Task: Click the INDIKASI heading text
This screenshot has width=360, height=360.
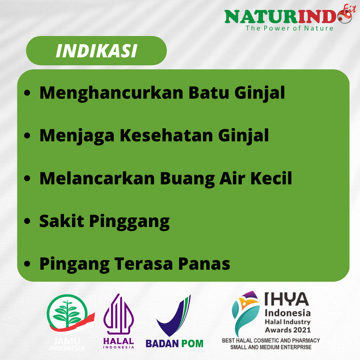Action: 96,51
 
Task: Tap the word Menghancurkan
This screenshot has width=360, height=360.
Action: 111,93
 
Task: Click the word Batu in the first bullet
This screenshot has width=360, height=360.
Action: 209,93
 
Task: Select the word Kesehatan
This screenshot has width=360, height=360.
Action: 166,135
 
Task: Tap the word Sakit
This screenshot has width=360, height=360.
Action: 62,221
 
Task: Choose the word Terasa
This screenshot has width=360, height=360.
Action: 143,264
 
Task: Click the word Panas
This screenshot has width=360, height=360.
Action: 204,264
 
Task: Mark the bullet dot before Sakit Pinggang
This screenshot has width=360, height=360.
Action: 27,221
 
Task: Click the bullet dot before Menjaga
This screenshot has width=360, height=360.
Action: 27,135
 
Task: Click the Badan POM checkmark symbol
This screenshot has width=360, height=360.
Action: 174,316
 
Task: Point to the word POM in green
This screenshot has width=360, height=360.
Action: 192,344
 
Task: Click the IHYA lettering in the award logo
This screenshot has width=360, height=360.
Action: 287,299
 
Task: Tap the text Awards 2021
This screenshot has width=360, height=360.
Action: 288,330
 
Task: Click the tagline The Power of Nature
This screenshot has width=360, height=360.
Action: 289,28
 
